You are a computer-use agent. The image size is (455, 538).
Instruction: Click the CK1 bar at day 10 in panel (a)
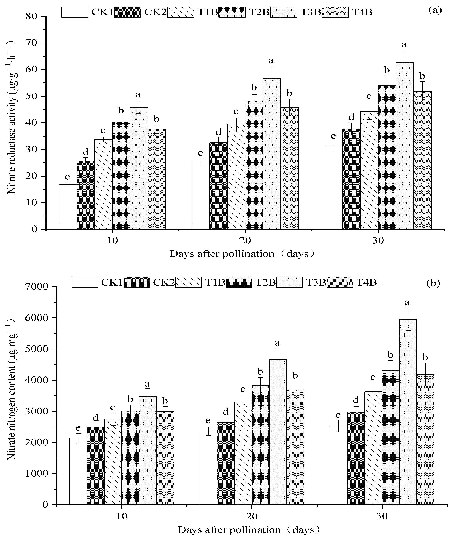[68, 207]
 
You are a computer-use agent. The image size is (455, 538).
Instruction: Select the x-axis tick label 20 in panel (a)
[245, 240]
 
